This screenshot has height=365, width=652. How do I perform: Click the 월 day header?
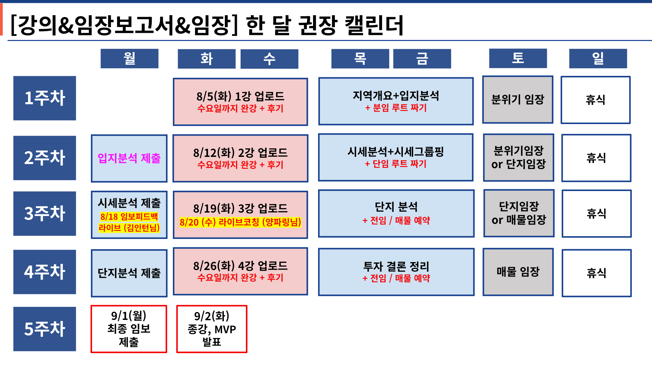click(x=130, y=58)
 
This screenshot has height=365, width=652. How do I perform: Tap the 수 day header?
click(x=269, y=59)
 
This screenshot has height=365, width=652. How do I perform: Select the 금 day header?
click(x=422, y=58)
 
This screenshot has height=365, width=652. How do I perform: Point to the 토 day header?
click(x=518, y=58)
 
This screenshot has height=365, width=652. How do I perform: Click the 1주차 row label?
click(x=44, y=98)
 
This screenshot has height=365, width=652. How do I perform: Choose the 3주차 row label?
click(x=44, y=214)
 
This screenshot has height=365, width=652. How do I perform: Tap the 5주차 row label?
click(x=44, y=329)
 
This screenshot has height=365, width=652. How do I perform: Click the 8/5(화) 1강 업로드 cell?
click(x=241, y=102)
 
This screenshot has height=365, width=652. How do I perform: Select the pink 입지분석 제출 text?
click(x=129, y=158)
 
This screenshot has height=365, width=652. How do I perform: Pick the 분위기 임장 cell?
click(x=518, y=99)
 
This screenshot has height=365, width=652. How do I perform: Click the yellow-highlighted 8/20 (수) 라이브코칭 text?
click(x=240, y=222)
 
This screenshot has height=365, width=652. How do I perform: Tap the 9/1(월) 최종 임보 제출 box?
click(x=129, y=329)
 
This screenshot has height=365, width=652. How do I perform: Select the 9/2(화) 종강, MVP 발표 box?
click(x=212, y=329)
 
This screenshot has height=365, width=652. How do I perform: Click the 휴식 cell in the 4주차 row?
click(x=597, y=273)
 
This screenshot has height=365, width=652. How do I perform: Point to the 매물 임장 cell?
click(x=518, y=272)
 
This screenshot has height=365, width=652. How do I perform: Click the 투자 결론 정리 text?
click(x=396, y=266)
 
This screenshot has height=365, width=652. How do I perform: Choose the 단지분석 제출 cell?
click(x=129, y=273)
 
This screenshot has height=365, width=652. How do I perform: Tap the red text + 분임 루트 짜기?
click(x=396, y=108)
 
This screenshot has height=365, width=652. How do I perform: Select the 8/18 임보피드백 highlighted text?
click(x=129, y=217)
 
